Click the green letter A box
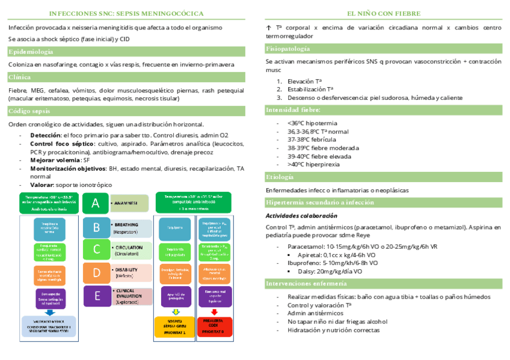[x=95, y=203]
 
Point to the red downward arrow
[x=214, y=312]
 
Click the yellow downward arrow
[x=175, y=312]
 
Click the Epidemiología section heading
[x=31, y=52]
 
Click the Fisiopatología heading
[x=288, y=48]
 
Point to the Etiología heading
[x=280, y=177]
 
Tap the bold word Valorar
[x=41, y=185]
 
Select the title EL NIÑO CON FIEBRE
[x=383, y=13]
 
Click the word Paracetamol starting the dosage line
[x=307, y=246]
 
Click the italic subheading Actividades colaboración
[x=301, y=216]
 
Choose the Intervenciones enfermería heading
[x=306, y=283]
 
